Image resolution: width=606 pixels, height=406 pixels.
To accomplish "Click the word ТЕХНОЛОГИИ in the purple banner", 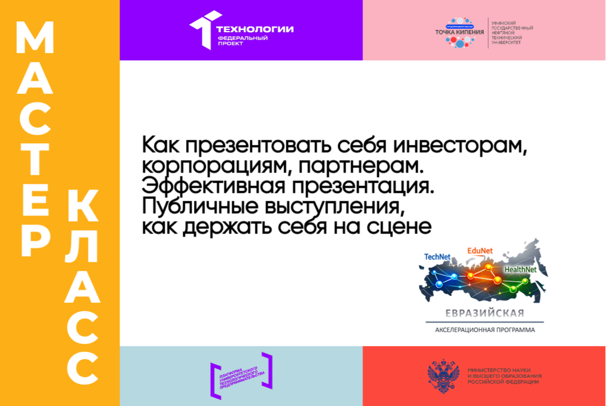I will point(255,29).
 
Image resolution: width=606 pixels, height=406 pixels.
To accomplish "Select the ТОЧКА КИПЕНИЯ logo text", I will point(459,32).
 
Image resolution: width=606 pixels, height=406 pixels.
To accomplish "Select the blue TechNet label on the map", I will point(437,257).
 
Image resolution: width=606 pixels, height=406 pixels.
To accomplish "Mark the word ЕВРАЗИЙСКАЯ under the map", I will point(484,313).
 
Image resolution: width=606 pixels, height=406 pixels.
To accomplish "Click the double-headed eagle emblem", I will point(443,376).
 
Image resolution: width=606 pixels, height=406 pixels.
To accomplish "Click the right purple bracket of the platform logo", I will point(267,369).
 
